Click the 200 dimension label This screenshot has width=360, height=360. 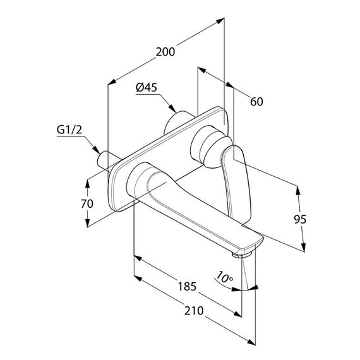click(x=165, y=52)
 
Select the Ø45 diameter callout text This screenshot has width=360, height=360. click(x=147, y=88)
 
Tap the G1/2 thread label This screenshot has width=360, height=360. click(x=69, y=130)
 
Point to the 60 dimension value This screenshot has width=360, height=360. click(x=256, y=102)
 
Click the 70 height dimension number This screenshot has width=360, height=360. click(x=87, y=204)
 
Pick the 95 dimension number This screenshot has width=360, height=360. click(x=300, y=220)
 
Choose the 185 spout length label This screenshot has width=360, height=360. click(x=188, y=287)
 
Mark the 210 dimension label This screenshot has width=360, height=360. click(x=194, y=311)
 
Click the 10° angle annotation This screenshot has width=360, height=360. click(x=225, y=277)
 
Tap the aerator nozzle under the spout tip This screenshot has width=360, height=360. click(x=241, y=255)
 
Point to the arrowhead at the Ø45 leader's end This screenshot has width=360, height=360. click(x=172, y=109)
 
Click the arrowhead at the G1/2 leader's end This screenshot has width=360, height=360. click(x=97, y=150)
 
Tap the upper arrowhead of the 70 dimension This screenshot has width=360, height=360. click(x=87, y=183)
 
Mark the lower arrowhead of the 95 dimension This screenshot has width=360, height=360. click(x=303, y=248)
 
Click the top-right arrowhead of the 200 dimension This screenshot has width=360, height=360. click(x=220, y=21)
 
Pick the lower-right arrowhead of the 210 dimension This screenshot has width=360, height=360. click(x=251, y=342)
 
